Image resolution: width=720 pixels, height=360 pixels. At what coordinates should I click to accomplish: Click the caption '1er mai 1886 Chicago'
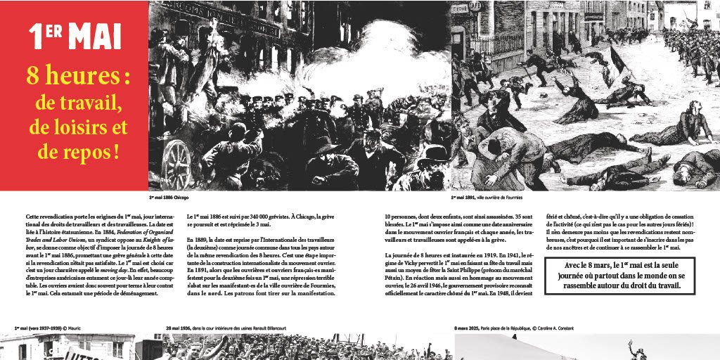169,198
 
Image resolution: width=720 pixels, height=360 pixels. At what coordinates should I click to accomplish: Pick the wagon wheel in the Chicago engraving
176,165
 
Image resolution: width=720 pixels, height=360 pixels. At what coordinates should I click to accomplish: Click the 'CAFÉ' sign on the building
475,6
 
